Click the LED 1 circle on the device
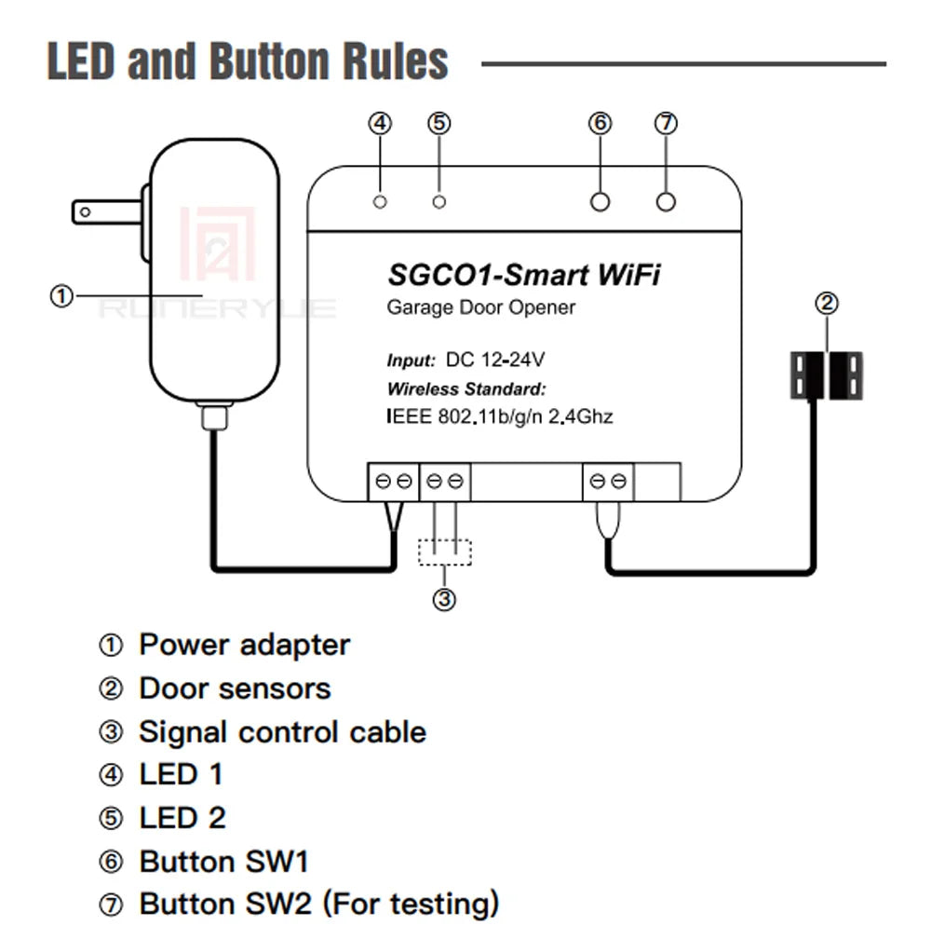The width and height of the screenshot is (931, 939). coord(380,201)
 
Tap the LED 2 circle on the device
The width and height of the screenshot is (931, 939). coord(440,201)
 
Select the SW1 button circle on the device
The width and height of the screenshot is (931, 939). coord(600,201)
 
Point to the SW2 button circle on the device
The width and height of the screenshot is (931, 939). coord(665,201)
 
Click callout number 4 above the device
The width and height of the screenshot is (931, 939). coord(380,123)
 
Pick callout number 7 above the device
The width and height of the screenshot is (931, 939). coord(665,123)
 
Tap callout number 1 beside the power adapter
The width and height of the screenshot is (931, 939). coord(61,295)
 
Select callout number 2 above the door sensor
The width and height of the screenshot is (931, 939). coord(827,303)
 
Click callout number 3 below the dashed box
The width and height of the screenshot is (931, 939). coord(445,599)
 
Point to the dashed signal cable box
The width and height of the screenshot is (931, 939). coord(445,552)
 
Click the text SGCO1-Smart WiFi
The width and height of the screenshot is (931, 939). coord(527,275)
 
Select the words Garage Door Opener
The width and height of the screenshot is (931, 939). coord(481,307)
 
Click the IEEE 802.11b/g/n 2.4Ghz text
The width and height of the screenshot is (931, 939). coord(500,416)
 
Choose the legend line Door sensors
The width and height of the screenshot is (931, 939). coord(235,688)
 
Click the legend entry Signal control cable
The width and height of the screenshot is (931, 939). coord(282,732)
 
